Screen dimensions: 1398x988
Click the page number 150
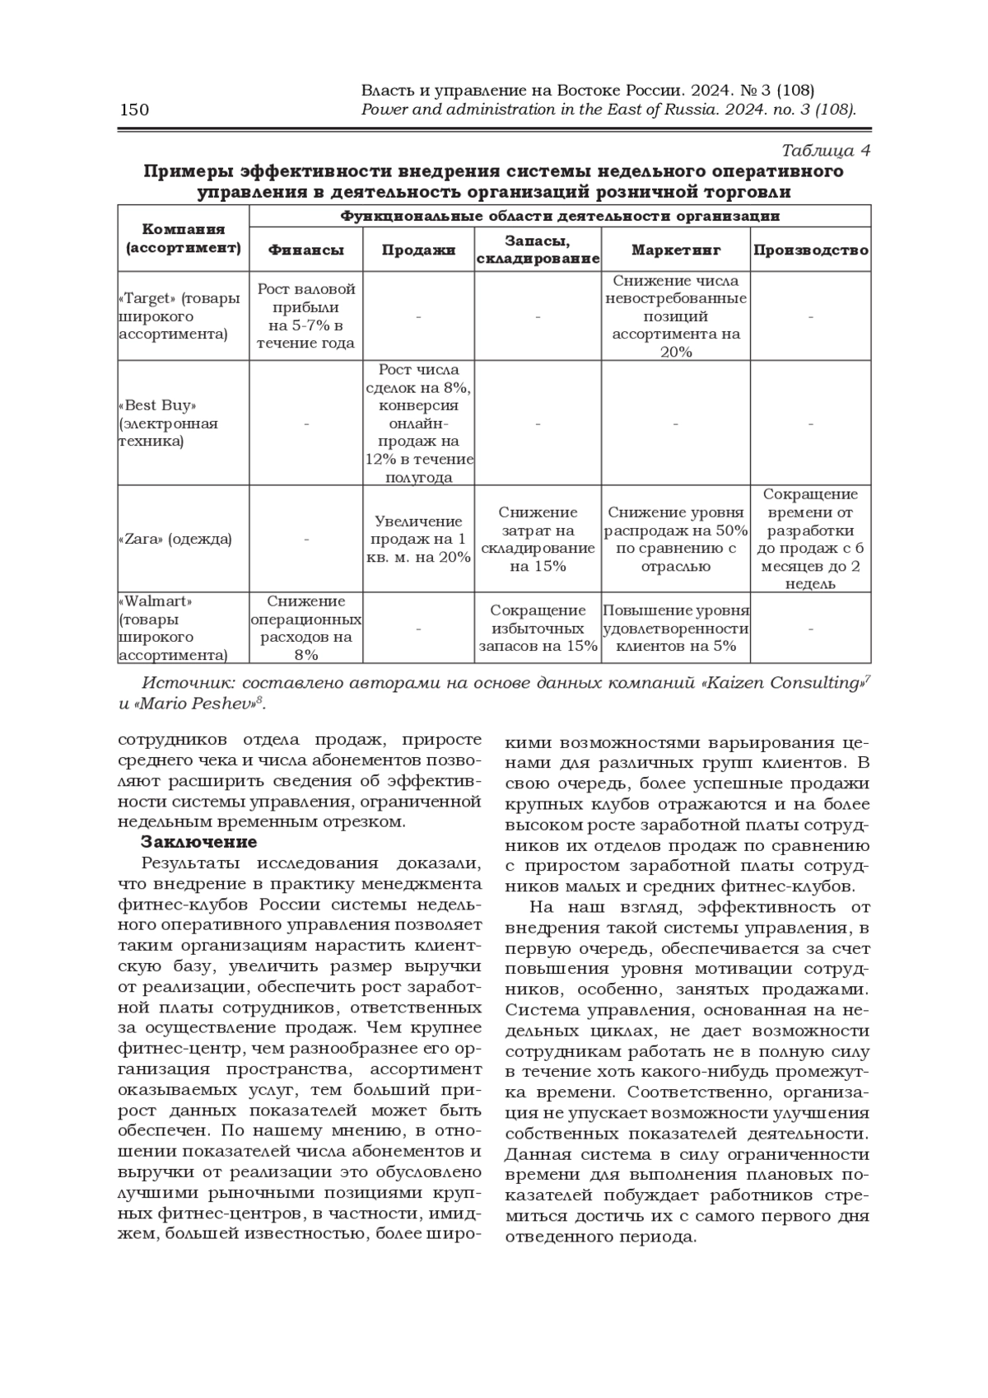[x=134, y=110]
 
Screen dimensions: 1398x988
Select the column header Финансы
[x=305, y=250]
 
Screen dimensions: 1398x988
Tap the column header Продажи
[x=418, y=250]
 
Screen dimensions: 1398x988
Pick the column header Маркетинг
[x=675, y=250]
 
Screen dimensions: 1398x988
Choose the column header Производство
[x=810, y=250]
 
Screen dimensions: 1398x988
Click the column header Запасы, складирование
[x=538, y=250]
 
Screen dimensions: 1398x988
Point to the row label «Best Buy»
[x=159, y=406]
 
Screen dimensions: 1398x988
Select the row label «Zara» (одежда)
[x=175, y=539]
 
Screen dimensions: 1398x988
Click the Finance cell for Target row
[x=305, y=316]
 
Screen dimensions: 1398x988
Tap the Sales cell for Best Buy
[x=419, y=423]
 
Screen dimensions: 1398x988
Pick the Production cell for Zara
[x=810, y=539]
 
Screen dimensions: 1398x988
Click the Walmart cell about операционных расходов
[x=305, y=628]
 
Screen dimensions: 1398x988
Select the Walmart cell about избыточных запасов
[x=538, y=628]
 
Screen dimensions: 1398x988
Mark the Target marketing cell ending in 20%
[x=675, y=316]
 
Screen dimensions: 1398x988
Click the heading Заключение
[x=198, y=842]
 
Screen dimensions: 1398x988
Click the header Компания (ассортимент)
[x=183, y=239]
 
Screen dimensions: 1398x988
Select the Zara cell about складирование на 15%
[x=538, y=539]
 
